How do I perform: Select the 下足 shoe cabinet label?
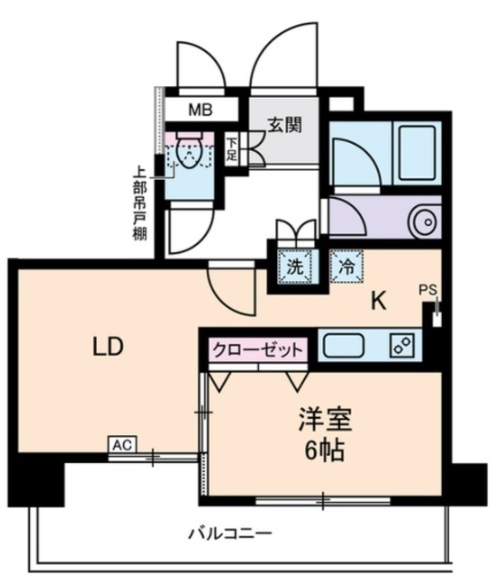coord(233,148)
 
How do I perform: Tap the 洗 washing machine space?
coord(294,268)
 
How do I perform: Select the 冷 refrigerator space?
coord(345,268)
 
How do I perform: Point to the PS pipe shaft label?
coord(428,290)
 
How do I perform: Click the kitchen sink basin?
coord(345,345)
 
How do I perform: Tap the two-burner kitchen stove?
coord(403,344)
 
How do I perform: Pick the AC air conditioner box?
coord(121,444)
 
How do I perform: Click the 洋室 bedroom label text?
coord(325,420)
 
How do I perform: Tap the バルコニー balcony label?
coord(230,532)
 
